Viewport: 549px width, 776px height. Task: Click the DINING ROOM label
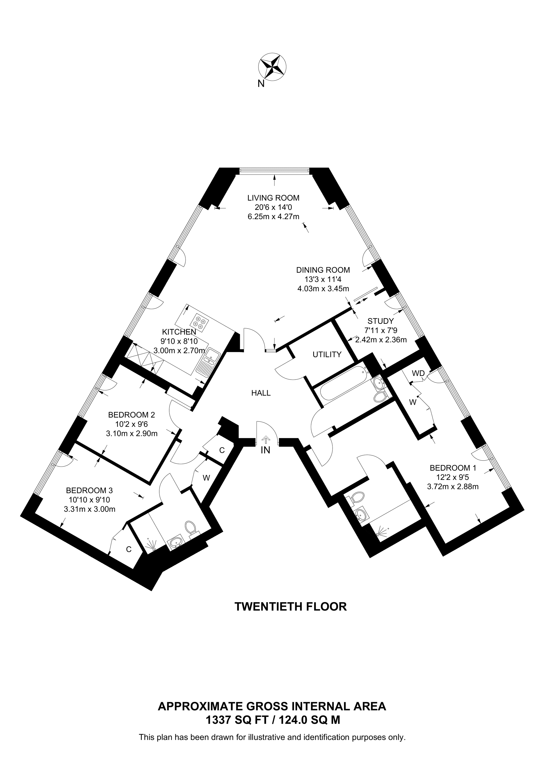(323, 270)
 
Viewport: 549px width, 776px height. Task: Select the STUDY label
(381, 321)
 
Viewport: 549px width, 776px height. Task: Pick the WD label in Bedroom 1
(418, 373)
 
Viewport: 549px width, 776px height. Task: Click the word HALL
(261, 393)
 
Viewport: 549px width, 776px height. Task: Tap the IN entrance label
(266, 450)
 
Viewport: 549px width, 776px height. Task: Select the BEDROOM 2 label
(132, 415)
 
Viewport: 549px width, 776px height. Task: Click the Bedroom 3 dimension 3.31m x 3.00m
(90, 509)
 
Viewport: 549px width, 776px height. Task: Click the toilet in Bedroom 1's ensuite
(358, 497)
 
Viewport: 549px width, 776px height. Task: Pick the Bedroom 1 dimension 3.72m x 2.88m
(453, 487)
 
